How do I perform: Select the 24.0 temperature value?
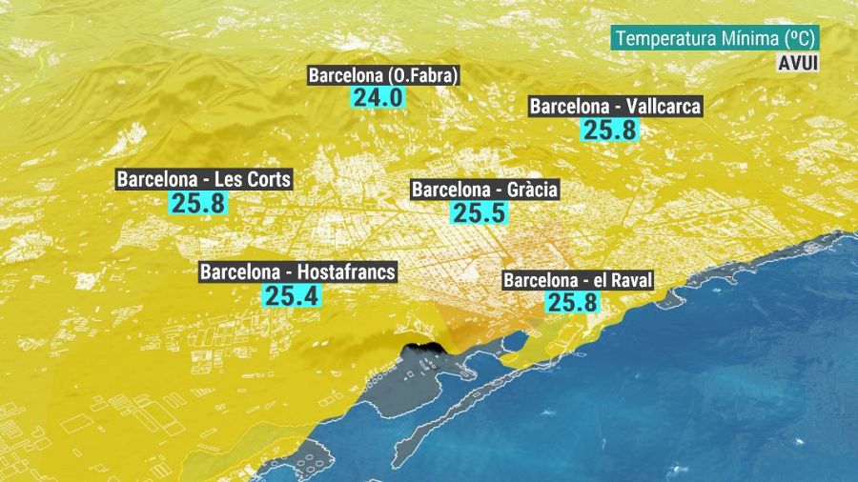pyautogui.click(x=379, y=97)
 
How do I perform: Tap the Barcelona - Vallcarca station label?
pyautogui.click(x=615, y=106)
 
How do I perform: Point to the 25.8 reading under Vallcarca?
pyautogui.click(x=610, y=130)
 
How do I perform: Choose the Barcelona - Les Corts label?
pyautogui.click(x=204, y=179)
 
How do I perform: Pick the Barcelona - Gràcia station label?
pyautogui.click(x=485, y=190)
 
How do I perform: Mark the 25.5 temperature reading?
pyautogui.click(x=479, y=213)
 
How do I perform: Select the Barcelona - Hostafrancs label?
pyautogui.click(x=297, y=271)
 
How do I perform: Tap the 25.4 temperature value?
pyautogui.click(x=291, y=295)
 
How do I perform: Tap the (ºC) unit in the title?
pyautogui.click(x=799, y=38)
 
